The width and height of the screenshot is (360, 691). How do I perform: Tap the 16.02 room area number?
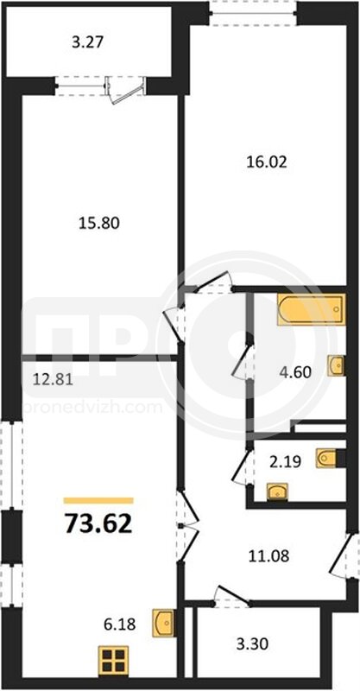point(266,162)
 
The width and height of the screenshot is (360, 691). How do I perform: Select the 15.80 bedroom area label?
point(99,223)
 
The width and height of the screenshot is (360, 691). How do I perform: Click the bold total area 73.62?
point(98,523)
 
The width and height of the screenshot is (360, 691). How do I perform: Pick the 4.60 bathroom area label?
point(295,372)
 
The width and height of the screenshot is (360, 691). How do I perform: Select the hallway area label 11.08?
point(268,556)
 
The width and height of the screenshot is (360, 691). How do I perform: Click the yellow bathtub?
point(311,310)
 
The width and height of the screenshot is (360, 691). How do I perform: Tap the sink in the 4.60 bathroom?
point(336,365)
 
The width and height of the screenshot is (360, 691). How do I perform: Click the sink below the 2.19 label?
point(277,491)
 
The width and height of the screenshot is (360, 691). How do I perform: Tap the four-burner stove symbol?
point(113,660)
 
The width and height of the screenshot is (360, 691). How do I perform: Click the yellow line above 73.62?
point(98,500)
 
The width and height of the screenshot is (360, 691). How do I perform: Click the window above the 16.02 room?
point(252,12)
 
